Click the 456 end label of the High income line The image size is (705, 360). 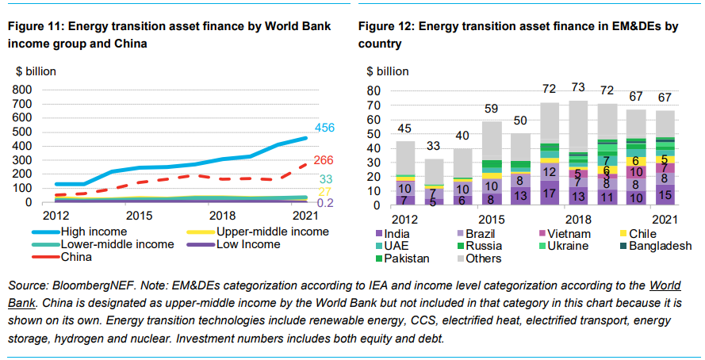324,128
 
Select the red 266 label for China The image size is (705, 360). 324,161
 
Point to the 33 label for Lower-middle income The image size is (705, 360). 324,179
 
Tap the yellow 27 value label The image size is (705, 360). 324,193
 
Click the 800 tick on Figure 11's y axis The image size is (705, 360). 21,90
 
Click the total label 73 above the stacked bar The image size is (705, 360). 578,87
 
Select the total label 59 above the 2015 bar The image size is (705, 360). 492,109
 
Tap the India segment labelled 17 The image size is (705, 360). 549,194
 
